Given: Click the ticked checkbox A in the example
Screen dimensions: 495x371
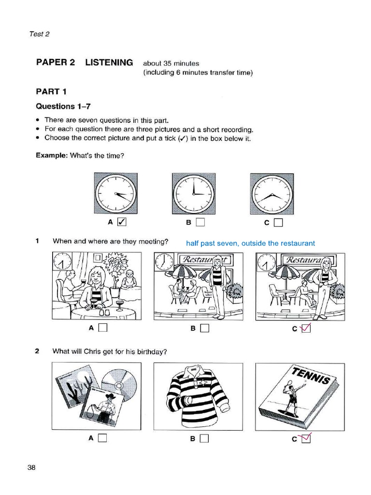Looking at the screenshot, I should pyautogui.click(x=122, y=222).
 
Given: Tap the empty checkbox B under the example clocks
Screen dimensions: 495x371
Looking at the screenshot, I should pyautogui.click(x=200, y=222).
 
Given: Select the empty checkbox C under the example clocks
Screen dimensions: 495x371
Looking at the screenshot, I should pyautogui.click(x=278, y=222).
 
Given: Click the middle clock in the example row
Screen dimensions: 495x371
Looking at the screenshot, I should pyautogui.click(x=193, y=193).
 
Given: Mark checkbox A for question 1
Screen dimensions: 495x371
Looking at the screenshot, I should pyautogui.click(x=102, y=328).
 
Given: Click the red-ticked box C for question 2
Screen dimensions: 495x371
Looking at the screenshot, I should pyautogui.click(x=306, y=438).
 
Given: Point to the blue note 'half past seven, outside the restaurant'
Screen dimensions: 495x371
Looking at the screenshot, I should pyautogui.click(x=250, y=243).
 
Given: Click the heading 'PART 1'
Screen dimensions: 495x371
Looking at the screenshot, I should pyautogui.click(x=51, y=91).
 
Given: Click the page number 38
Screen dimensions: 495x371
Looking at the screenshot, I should pyautogui.click(x=32, y=467).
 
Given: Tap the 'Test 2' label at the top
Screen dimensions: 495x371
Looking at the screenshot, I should pyautogui.click(x=39, y=34).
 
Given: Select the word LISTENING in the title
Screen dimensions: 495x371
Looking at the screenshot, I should pyautogui.click(x=109, y=62).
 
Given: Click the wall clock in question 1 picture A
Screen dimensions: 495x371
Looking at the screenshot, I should pyautogui.click(x=61, y=262).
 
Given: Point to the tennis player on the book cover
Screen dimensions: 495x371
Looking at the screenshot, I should pyautogui.click(x=292, y=399).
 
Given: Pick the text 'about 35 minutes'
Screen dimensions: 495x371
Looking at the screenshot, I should pyautogui.click(x=171, y=63).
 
